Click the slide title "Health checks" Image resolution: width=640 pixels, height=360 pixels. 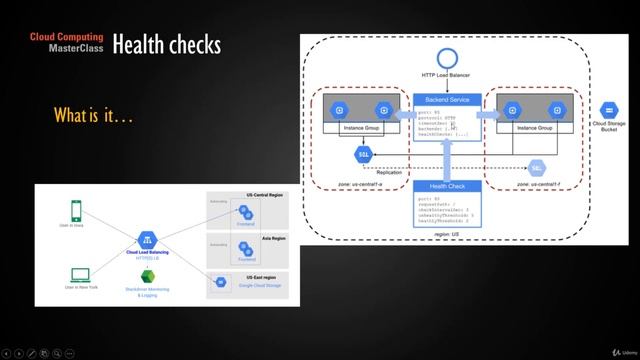pyautogui.click(x=166, y=45)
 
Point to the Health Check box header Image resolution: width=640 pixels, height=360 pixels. pyautogui.click(x=447, y=186)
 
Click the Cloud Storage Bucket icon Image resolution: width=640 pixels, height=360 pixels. pyautogui.click(x=608, y=112)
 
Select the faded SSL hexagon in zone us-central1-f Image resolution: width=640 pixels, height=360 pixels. pyautogui.click(x=537, y=167)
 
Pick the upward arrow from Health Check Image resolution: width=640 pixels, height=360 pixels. pyautogui.click(x=447, y=161)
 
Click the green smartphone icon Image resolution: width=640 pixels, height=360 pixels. pyautogui.click(x=77, y=212)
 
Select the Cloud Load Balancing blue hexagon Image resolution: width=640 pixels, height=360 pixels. pyautogui.click(x=146, y=239)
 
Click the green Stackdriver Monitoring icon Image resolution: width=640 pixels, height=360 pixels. pyautogui.click(x=146, y=276)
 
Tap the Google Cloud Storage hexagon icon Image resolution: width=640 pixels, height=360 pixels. pyautogui.click(x=217, y=283)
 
